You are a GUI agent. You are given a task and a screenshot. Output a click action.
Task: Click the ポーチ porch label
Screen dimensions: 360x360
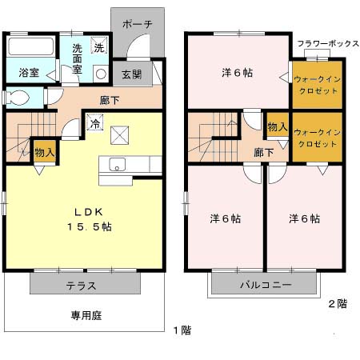coord(138,25)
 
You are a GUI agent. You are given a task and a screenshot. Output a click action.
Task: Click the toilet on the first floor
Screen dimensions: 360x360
coord(16,98)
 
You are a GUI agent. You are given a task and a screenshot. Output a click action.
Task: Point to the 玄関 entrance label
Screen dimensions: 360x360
coord(131,74)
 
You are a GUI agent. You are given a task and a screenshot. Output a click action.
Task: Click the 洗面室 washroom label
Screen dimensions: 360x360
coord(78,58)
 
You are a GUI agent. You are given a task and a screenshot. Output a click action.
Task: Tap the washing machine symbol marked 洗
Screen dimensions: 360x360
coord(98,48)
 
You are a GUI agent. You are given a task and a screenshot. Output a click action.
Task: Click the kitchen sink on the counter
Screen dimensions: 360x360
coord(118,166)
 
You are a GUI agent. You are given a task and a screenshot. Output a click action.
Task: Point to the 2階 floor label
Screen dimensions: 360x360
coord(337,303)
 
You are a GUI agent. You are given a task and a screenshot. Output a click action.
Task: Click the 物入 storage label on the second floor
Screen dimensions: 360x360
coord(277,128)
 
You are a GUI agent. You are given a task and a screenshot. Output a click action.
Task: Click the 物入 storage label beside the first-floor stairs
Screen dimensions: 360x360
coord(44,152)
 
